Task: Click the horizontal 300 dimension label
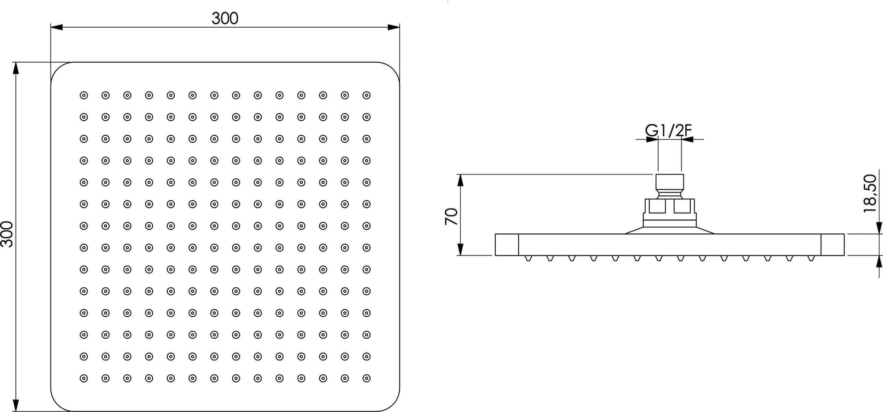[225, 18]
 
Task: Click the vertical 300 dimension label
[7, 234]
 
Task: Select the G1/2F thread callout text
[668, 131]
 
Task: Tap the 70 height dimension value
[452, 216]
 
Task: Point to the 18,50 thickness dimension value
[870, 193]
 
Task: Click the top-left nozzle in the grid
[84, 95]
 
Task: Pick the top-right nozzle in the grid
[367, 95]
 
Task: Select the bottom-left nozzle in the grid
[84, 378]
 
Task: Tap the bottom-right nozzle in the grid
[367, 378]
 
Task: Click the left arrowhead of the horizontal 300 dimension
[57, 27]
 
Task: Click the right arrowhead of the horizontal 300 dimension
[394, 27]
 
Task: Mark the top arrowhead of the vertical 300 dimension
[16, 68]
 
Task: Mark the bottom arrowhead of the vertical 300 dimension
[16, 406]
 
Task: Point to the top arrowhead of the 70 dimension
[460, 180]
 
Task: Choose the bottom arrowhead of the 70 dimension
[460, 250]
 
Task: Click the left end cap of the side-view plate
[507, 244]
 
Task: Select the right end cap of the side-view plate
[832, 244]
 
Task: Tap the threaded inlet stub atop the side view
[669, 186]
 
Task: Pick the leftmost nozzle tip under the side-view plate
[528, 258]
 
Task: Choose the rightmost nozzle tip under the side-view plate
[811, 258]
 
